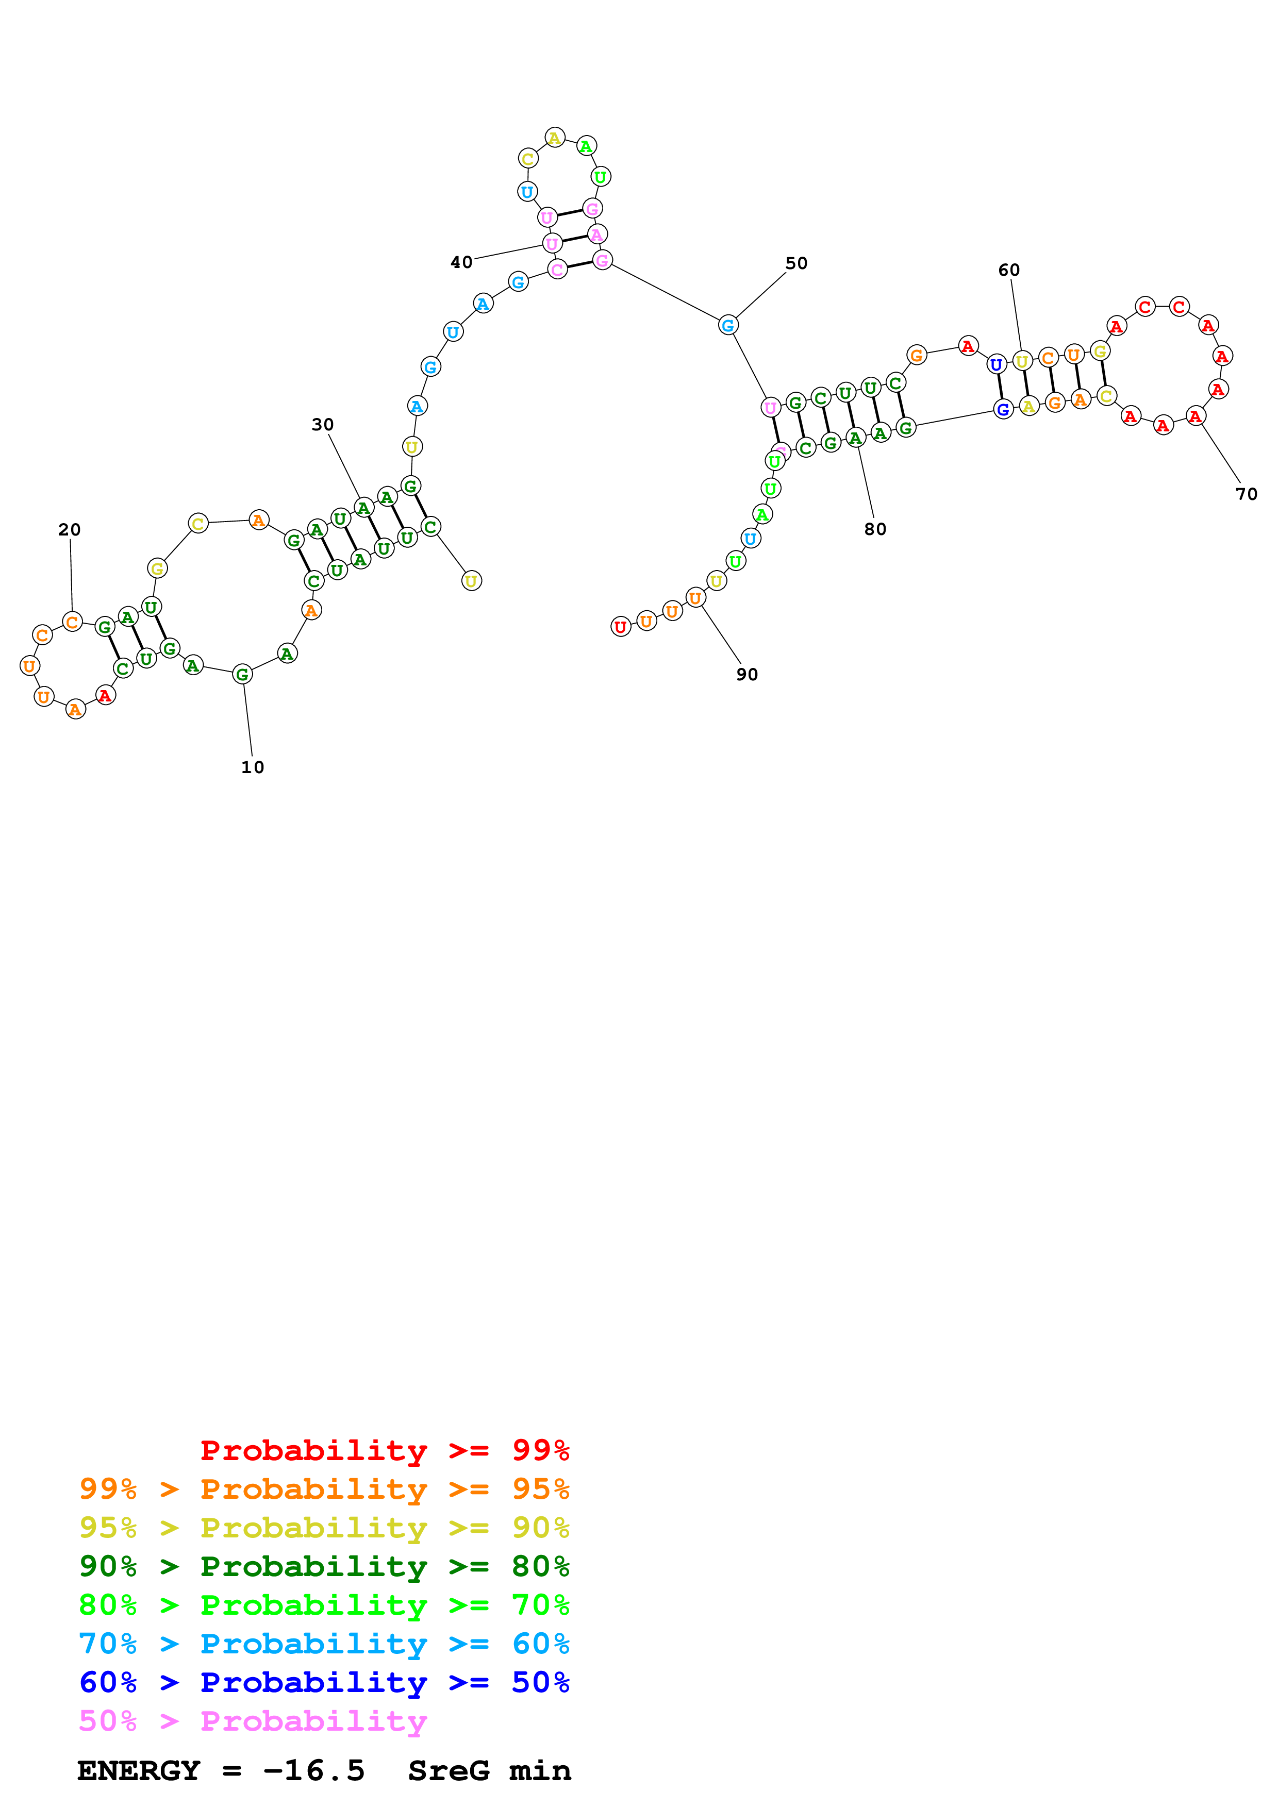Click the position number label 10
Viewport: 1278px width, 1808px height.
tap(252, 767)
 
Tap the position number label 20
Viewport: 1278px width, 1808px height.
tap(69, 529)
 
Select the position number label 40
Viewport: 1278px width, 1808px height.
tap(461, 262)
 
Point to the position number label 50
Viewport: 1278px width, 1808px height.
tap(796, 263)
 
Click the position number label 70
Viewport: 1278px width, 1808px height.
tap(1246, 494)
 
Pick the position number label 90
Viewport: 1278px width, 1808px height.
tap(746, 674)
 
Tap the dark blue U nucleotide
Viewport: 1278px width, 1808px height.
tap(996, 364)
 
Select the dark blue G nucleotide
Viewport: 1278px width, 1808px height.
tap(1002, 409)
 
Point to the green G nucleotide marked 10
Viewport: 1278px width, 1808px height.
tap(242, 674)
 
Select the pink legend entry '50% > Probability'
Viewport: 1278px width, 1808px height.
tap(252, 1720)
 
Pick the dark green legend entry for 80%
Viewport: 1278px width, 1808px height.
tap(324, 1566)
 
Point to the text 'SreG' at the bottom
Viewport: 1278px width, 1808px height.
tap(448, 1770)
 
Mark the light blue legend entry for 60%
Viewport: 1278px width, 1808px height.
tap(324, 1644)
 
